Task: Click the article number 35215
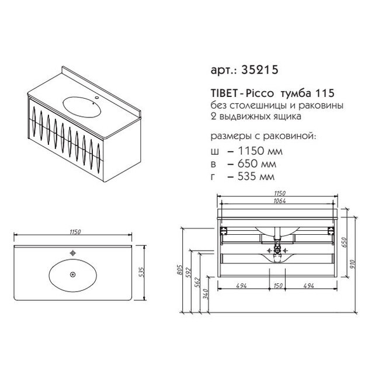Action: tap(260, 70)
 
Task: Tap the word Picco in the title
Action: tap(259, 93)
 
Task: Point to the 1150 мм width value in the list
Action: tap(260, 151)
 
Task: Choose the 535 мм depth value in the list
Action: tap(256, 176)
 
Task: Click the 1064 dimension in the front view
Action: tap(279, 201)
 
